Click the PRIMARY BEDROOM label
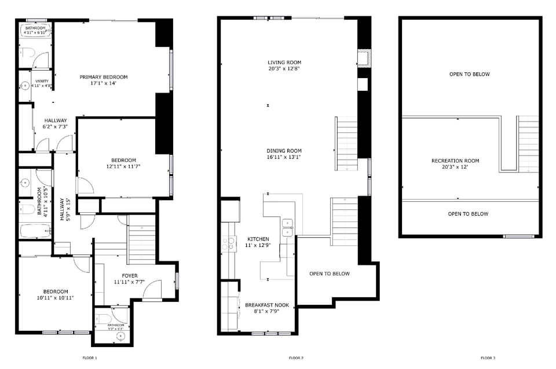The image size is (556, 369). (x=104, y=77)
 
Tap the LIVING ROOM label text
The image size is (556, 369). (x=284, y=62)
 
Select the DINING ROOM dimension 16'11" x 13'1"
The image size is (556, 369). (x=284, y=157)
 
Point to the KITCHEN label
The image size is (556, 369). (x=258, y=239)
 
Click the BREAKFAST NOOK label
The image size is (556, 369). (x=267, y=305)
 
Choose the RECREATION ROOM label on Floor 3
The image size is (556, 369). (x=455, y=161)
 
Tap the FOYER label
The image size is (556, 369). (x=129, y=275)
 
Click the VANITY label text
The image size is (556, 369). (x=42, y=82)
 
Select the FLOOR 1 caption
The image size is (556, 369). (x=90, y=358)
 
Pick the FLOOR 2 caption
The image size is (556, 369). (x=296, y=358)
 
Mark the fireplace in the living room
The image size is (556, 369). (x=364, y=58)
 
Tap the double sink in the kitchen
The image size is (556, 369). (x=287, y=228)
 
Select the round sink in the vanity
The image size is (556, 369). (x=25, y=86)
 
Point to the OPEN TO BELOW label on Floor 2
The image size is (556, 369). (x=329, y=274)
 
